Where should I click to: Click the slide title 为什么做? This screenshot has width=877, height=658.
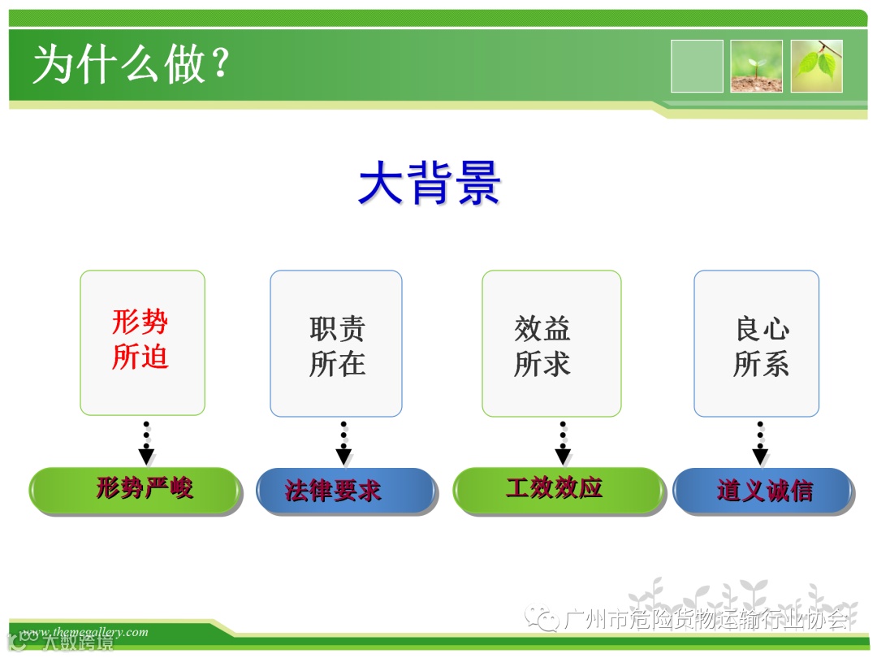130,65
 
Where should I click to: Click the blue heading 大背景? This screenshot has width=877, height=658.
430,182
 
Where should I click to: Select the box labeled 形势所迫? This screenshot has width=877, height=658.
142,342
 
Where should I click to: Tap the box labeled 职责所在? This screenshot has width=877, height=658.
336,344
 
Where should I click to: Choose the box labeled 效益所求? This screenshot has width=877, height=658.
551,344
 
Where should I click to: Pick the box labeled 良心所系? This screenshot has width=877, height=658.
756,344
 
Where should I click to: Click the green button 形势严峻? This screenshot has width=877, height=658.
136,490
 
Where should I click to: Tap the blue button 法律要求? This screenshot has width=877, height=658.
346,491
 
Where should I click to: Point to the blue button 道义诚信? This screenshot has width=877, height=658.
763,491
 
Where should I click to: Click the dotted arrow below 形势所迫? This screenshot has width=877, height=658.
146,444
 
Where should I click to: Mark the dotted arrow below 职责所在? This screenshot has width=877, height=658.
343,444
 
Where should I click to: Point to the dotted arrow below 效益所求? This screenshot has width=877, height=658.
563,444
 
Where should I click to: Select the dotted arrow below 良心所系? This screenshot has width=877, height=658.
760,444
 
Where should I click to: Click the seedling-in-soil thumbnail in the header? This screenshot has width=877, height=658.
756,66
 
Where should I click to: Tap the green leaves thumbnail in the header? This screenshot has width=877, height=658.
817,66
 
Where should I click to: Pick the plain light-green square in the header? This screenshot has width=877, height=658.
697,66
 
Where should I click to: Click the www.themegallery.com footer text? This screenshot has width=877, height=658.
85,632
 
